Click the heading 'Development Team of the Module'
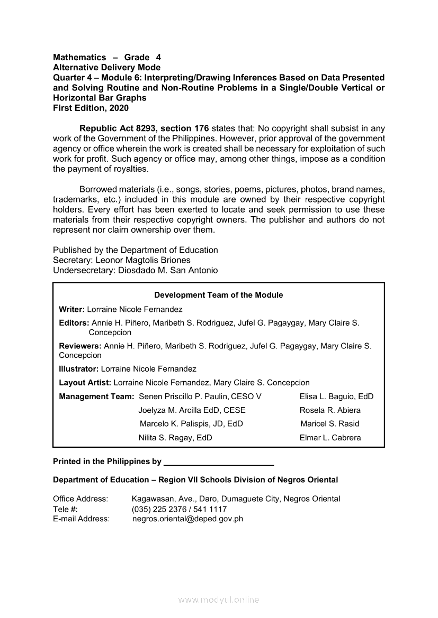coord(218,295)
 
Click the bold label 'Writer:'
coord(71,309)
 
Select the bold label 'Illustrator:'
coord(78,369)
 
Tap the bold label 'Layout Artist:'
coord(85,383)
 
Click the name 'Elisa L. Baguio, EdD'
coord(336,396)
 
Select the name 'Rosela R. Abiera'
coord(330,410)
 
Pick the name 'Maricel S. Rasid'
coord(329,424)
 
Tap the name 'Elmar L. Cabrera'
coord(330,438)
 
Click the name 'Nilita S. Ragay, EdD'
coord(175,438)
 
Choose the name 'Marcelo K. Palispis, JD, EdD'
coord(191,424)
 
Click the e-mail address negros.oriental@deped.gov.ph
coord(187,519)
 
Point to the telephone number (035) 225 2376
coord(159,509)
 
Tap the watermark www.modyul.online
coord(219,600)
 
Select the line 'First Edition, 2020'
coord(91,108)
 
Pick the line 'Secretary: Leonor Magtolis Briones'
coord(121,260)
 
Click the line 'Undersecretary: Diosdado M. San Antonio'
coord(135,270)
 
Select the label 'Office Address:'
coord(81,499)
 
